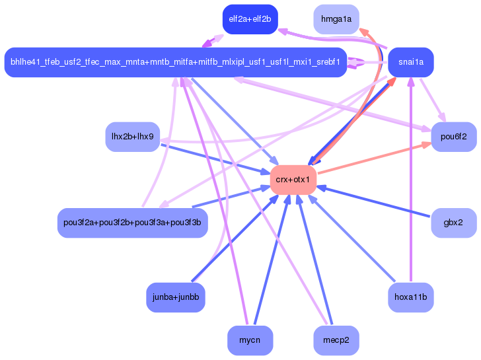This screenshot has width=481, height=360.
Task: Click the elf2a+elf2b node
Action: (250, 19)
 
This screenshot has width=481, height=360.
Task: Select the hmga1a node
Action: (336, 19)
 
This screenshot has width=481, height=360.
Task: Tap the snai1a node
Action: (410, 62)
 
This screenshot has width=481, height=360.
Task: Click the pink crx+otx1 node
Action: (293, 180)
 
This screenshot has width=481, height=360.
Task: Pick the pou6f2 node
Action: (453, 137)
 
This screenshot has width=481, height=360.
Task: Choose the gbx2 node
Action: (453, 223)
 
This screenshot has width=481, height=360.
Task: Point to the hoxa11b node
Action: (410, 297)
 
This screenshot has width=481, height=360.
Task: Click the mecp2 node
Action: (336, 340)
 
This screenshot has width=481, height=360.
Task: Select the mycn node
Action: (250, 340)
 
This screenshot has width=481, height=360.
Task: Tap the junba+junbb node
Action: (175, 297)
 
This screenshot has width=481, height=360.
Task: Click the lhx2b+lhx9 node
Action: (132, 137)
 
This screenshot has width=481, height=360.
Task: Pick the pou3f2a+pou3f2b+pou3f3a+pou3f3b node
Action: (132, 223)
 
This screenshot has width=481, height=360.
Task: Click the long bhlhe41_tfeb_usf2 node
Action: (175, 62)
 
